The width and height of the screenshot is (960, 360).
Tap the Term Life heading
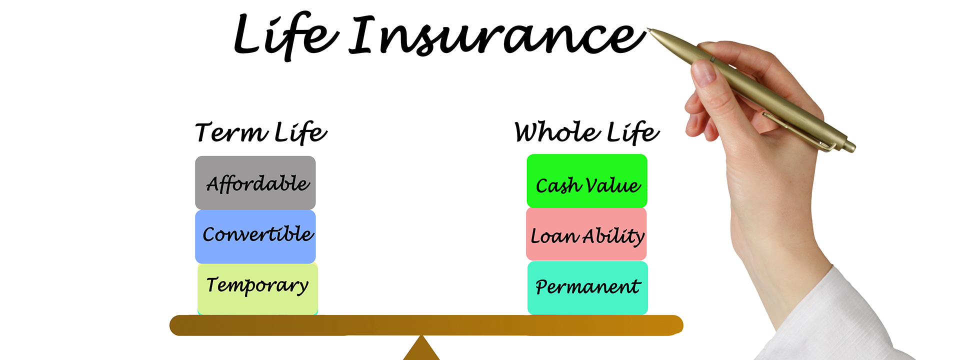(x=261, y=133)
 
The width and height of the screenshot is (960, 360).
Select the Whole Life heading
(x=586, y=133)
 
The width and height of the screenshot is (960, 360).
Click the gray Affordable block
(x=255, y=183)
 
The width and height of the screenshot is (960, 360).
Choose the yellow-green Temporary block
(x=257, y=288)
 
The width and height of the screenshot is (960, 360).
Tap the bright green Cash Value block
(x=586, y=181)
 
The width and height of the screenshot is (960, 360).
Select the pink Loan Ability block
(x=586, y=234)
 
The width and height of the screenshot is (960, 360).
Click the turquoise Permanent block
(x=587, y=288)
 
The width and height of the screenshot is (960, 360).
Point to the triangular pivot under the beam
(x=421, y=350)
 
